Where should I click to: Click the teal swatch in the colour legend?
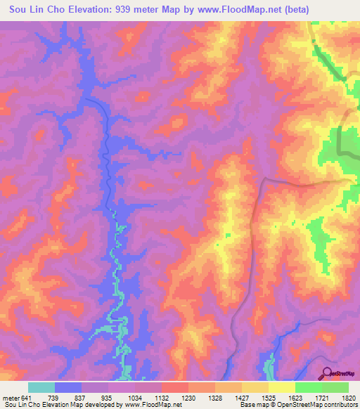(x=41, y=387)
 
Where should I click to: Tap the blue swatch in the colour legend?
(x=68, y=387)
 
